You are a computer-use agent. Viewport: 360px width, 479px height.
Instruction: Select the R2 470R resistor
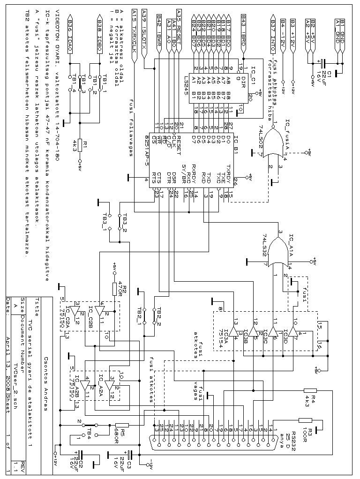(x=113, y=289)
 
